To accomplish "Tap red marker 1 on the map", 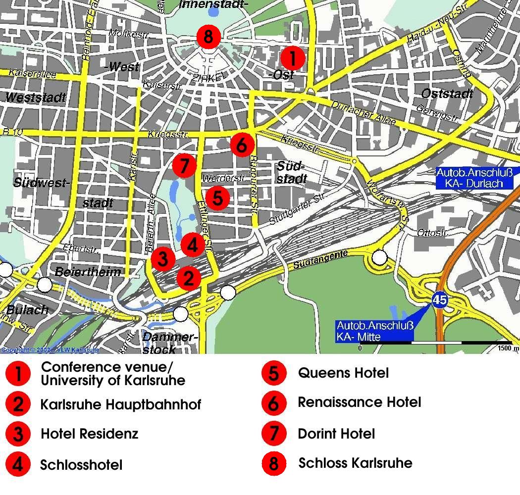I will (x=293, y=58).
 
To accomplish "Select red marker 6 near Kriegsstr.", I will (x=242, y=145).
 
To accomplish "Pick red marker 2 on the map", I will (x=189, y=278).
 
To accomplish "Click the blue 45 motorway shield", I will (x=439, y=299).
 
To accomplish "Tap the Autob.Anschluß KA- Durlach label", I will (x=476, y=178).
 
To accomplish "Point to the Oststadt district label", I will (x=447, y=94).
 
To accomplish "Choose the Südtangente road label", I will (x=320, y=260).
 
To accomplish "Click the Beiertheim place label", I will (x=88, y=272).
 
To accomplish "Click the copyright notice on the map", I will (x=50, y=350).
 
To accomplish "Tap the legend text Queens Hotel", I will (x=343, y=373).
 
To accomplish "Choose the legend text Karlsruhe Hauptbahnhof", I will (x=121, y=405).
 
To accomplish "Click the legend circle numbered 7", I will (x=274, y=434).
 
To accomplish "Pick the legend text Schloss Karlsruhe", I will (x=355, y=463).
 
